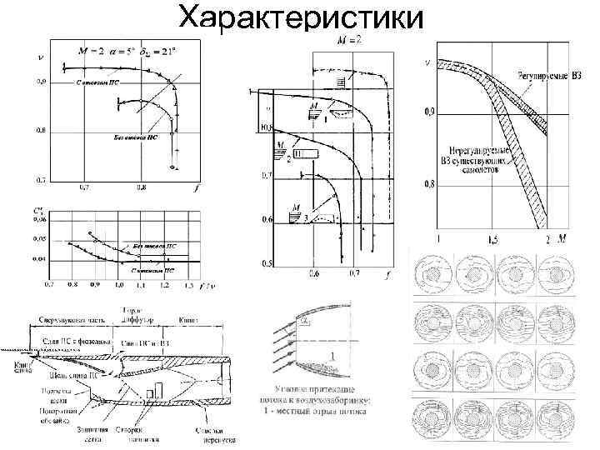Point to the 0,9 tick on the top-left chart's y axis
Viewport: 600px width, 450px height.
[40, 82]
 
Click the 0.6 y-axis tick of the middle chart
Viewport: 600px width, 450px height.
[266, 220]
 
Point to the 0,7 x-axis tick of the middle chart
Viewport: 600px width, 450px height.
[356, 273]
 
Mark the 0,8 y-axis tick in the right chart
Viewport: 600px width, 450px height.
[429, 184]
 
